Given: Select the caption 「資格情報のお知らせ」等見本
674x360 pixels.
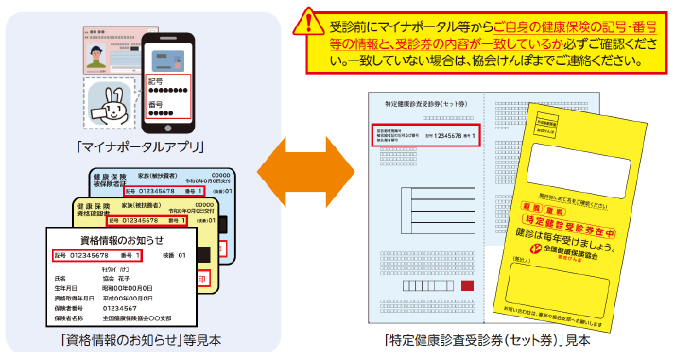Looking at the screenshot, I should (140, 339).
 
